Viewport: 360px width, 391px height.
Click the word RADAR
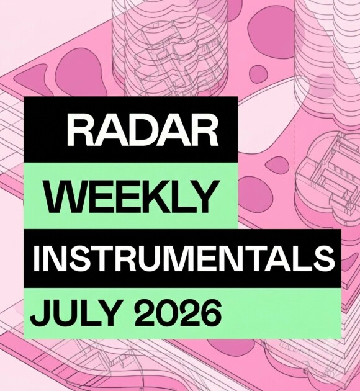pyautogui.click(x=142, y=130)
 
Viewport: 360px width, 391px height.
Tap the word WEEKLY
pyautogui.click(x=132, y=196)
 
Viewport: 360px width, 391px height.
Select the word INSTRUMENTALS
pyautogui.click(x=184, y=258)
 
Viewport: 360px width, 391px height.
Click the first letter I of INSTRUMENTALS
pyautogui.click(x=36, y=258)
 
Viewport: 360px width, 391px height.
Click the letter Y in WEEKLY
pyautogui.click(x=203, y=196)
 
